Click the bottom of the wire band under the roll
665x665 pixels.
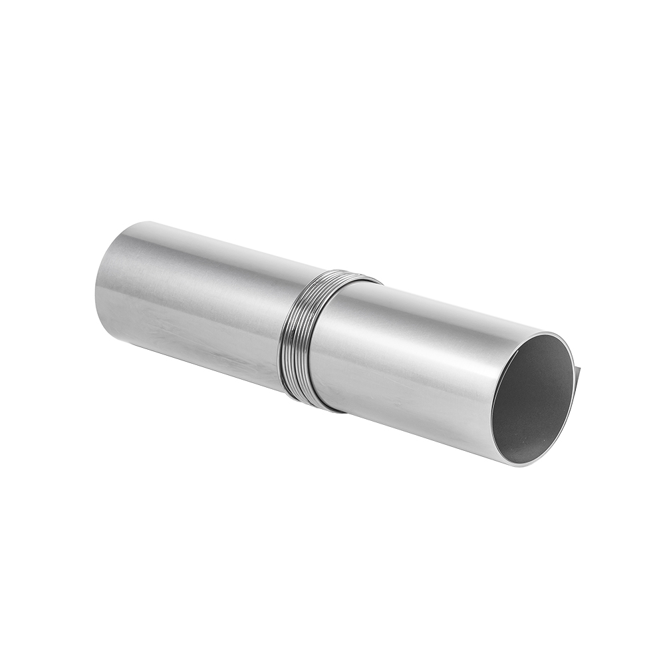coord(313,403)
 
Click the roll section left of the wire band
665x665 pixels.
coord(193,299)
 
